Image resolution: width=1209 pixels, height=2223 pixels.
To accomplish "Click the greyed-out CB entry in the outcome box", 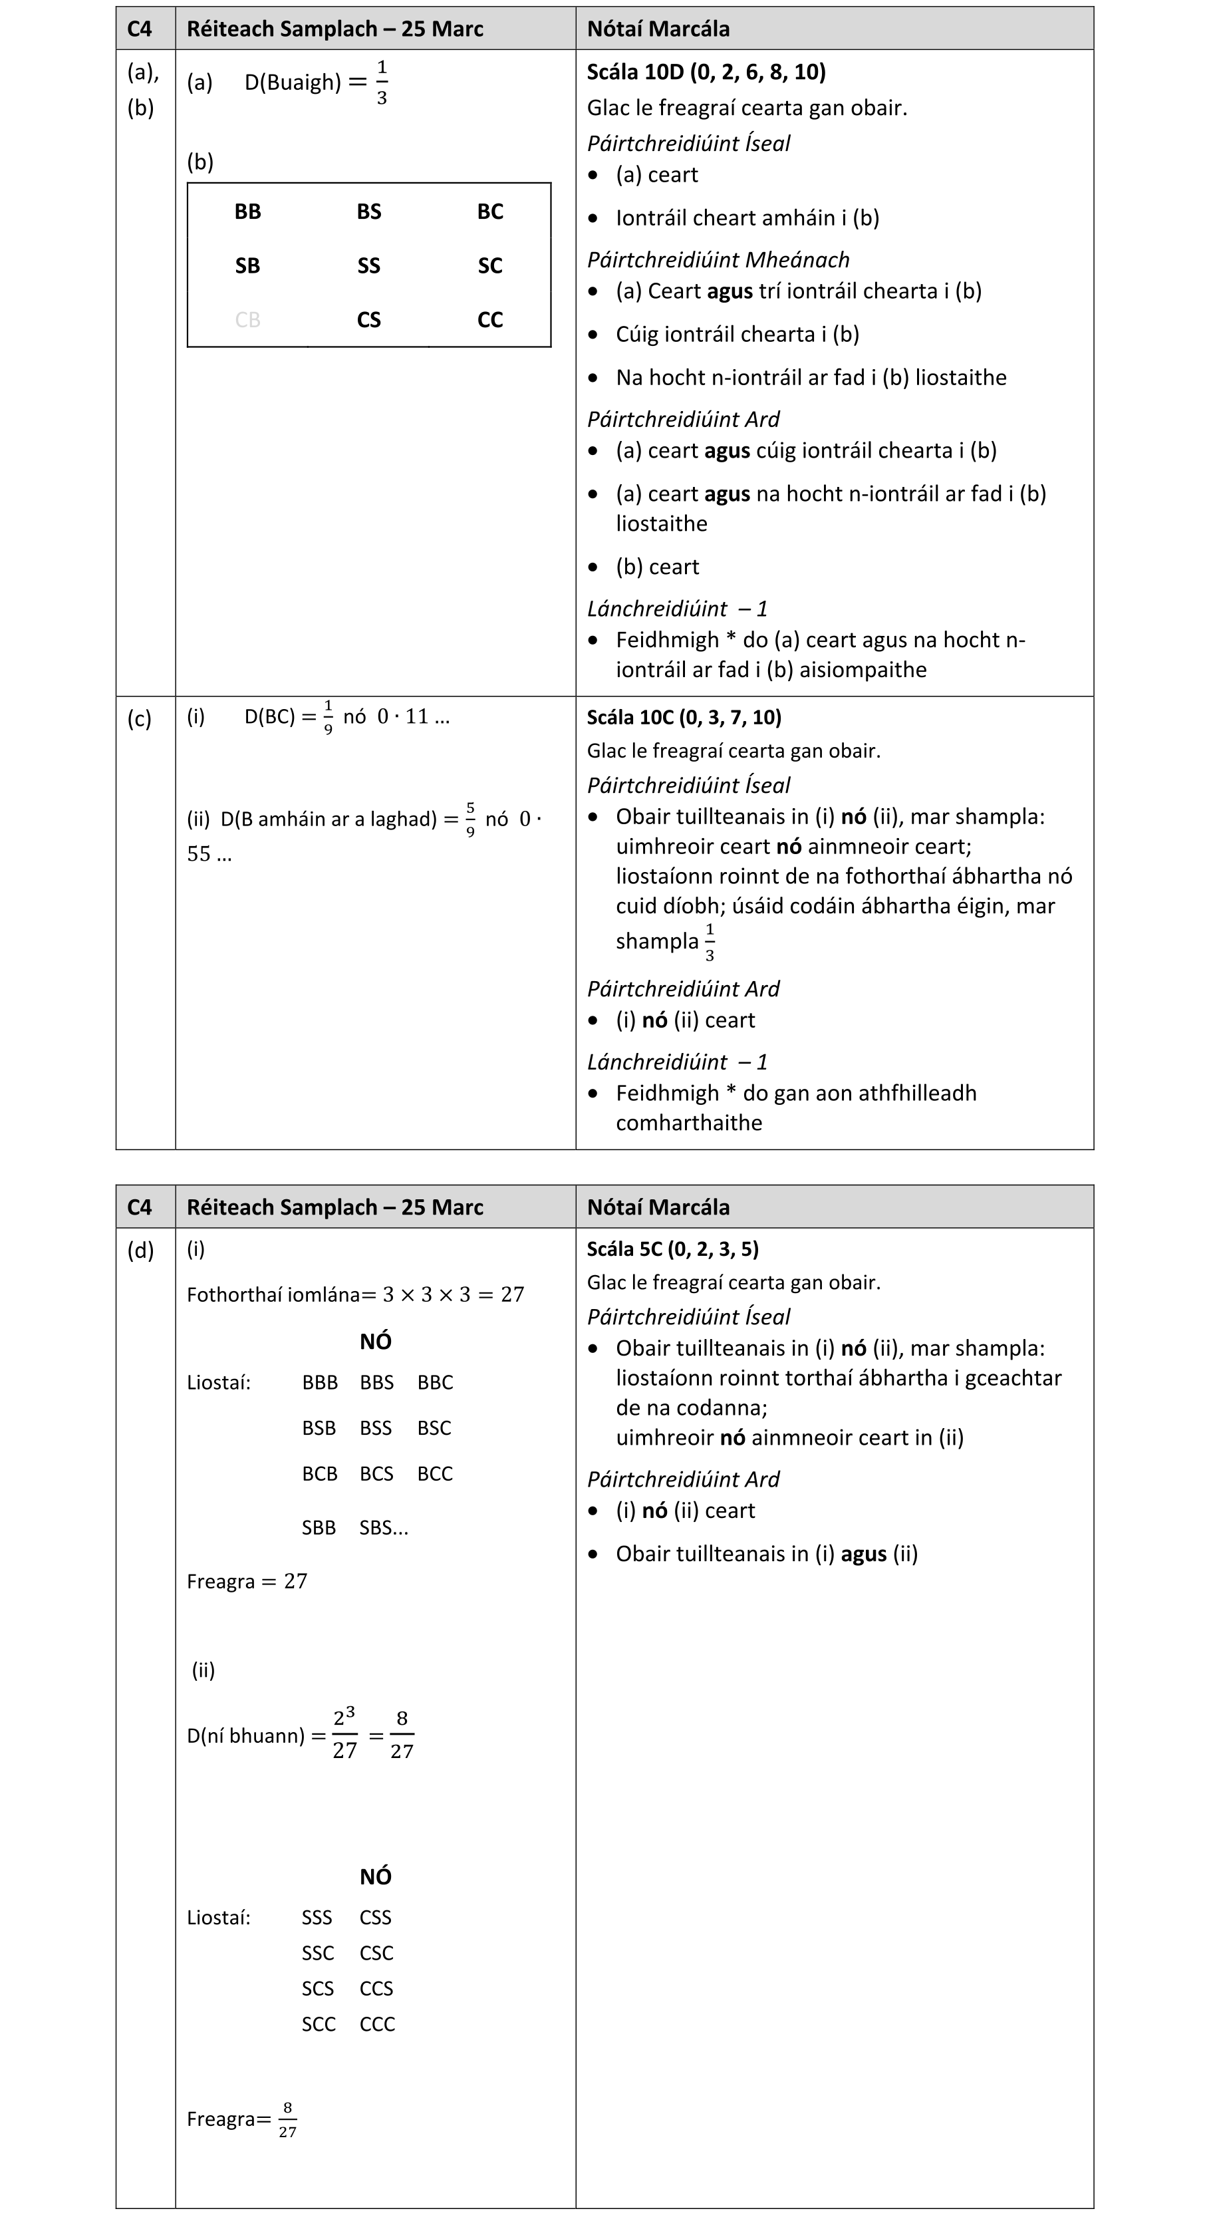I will tap(247, 320).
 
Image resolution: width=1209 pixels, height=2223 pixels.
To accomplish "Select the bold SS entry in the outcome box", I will tap(368, 266).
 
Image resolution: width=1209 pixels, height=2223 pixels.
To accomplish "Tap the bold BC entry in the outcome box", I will tap(490, 212).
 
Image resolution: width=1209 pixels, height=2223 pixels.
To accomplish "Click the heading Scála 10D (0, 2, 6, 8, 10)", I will tap(706, 72).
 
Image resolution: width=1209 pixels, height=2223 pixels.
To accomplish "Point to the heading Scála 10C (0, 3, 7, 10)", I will tap(684, 717).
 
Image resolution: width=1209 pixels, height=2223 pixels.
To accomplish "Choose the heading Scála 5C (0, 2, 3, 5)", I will tap(672, 1249).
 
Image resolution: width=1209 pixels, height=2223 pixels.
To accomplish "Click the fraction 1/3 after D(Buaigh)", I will tap(382, 83).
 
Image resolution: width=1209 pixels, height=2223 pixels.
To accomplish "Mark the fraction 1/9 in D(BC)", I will tap(328, 718).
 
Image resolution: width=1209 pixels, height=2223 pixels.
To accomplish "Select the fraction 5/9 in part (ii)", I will tap(470, 819).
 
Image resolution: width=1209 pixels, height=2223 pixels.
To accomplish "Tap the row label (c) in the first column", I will tap(139, 719).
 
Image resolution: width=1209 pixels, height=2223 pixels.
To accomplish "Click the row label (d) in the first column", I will tap(140, 1250).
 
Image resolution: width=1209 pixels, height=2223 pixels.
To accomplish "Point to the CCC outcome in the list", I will tap(377, 2023).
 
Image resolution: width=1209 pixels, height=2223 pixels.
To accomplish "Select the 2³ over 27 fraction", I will tap(344, 1735).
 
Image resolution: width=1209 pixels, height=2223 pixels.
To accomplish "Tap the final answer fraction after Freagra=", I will tap(287, 2119).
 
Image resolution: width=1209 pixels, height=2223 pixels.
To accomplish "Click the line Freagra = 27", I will tap(247, 1581).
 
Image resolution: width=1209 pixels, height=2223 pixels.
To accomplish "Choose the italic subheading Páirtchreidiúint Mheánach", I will tap(718, 260).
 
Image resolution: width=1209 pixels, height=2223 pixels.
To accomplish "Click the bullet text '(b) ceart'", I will tap(657, 567).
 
